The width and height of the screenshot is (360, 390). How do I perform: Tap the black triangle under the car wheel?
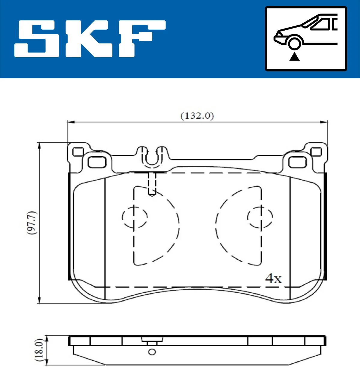coord(294,56)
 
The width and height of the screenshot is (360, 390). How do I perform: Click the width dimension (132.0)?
coord(197,116)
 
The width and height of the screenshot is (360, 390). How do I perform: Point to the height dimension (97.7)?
coord(32,223)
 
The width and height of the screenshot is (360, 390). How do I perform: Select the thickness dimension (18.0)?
coord(40,350)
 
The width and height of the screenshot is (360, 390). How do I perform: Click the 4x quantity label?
coord(273,279)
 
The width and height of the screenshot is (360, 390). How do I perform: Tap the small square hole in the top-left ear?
coord(78,152)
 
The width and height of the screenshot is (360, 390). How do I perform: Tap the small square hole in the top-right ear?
coord(316,152)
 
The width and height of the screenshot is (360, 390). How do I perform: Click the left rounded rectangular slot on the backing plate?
coord(97,162)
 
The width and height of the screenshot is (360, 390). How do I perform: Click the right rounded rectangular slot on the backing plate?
coord(298,162)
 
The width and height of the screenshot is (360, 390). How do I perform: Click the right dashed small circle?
coord(260,217)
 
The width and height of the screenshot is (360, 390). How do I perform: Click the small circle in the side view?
coord(152,352)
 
